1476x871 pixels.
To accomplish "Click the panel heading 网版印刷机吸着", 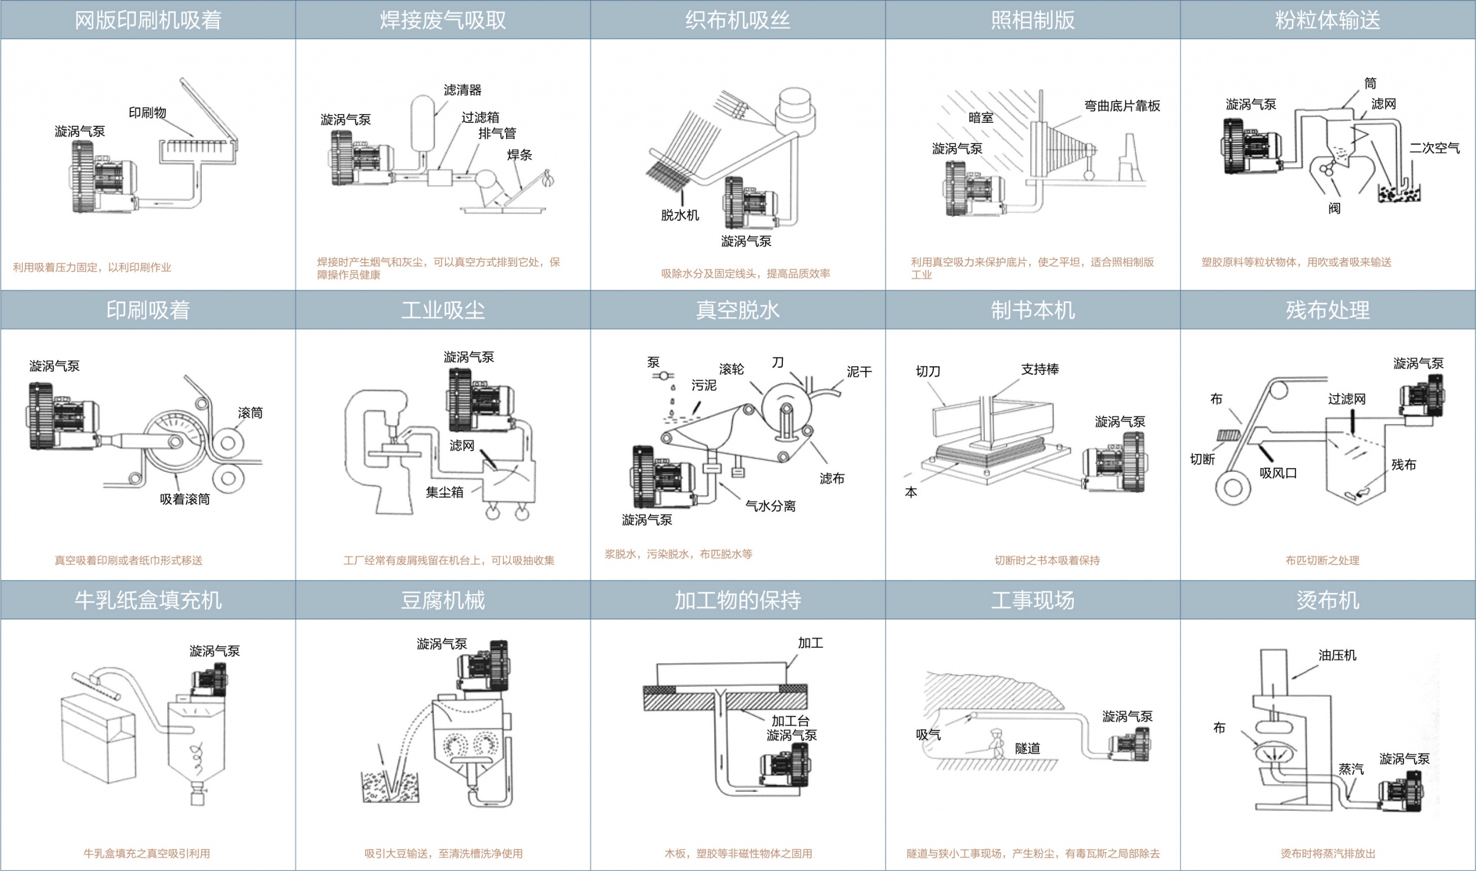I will point(148,20).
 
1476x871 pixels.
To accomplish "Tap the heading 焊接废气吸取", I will point(443,20).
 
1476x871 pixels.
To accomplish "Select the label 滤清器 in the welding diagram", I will point(463,90).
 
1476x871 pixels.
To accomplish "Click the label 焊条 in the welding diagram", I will point(520,155).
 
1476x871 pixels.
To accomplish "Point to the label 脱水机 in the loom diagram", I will point(680,216).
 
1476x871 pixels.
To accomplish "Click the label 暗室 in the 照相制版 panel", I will point(981,118).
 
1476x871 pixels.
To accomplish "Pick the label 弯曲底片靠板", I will point(1122,106).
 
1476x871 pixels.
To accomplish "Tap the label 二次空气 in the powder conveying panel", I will point(1435,148).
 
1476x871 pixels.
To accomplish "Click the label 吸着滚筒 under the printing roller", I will point(185,500).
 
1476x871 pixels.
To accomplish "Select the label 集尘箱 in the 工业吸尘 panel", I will point(445,492).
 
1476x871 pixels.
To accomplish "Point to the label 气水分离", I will point(770,506).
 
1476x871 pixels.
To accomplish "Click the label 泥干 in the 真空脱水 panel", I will point(859,372).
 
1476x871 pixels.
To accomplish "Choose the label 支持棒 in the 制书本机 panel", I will point(1040,370).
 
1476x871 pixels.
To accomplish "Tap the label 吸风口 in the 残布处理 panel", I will point(1278,473).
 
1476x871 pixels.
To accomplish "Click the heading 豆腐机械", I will point(443,601).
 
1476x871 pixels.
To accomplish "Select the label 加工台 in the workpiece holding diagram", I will point(791,721).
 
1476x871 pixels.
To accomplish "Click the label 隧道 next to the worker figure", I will point(1028,749).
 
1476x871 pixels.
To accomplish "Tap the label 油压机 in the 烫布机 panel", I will point(1337,655).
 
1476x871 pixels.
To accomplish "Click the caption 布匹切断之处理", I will point(1322,560).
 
